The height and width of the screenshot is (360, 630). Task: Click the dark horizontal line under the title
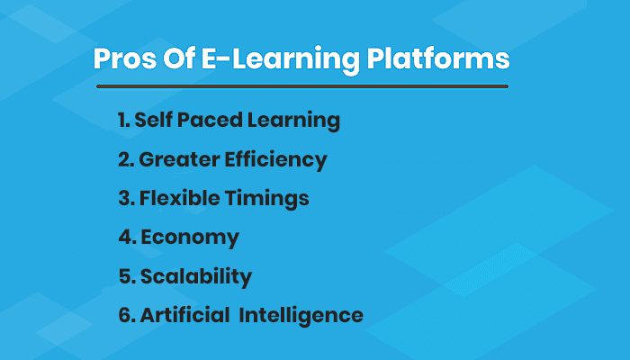(301, 86)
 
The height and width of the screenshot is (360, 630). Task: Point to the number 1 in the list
(121, 121)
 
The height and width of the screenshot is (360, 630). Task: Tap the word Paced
(211, 121)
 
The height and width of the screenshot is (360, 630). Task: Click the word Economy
(190, 238)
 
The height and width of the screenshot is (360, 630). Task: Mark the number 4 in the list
(124, 238)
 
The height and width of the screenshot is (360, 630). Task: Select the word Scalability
(195, 277)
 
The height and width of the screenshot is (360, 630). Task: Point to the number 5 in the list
(123, 276)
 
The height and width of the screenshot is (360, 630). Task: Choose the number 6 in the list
(124, 316)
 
